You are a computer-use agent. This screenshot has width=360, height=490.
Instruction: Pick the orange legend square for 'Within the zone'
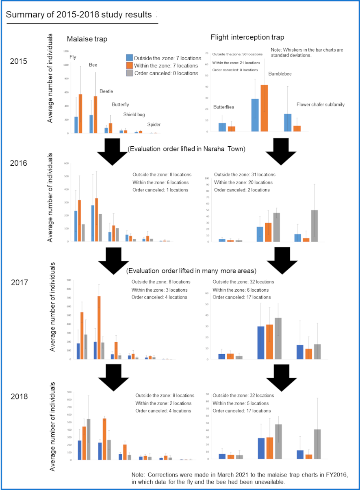point(129,65)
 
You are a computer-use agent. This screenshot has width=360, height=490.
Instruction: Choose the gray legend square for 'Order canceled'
point(129,73)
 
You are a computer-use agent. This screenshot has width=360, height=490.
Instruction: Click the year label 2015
point(19,62)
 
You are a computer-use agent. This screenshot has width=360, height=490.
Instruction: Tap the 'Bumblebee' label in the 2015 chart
point(280,74)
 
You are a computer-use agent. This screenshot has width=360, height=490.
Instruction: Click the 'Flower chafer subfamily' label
point(320,104)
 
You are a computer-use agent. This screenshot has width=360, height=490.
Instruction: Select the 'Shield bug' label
point(134,115)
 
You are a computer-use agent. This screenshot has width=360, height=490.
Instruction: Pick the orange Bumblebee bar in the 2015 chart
point(265,108)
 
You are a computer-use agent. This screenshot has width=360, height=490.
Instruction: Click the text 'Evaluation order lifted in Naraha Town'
point(187,149)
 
